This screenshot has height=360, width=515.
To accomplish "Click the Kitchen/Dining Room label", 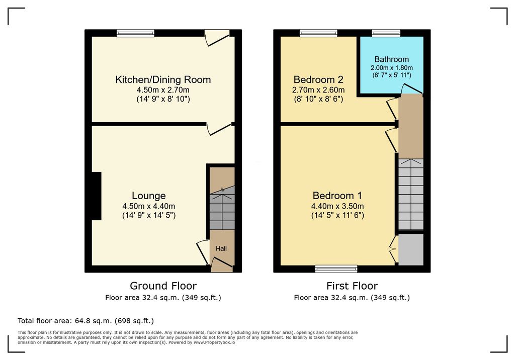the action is [x=163, y=80].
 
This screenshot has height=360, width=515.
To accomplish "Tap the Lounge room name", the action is [x=148, y=196].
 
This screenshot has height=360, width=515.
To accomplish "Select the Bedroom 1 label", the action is [x=337, y=196].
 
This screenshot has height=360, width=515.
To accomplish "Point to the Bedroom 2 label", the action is [x=318, y=80].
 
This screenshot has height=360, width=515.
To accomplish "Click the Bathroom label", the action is [x=391, y=59].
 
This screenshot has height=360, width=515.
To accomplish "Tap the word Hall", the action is [x=221, y=249].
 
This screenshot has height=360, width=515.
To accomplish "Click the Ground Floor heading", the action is [x=163, y=286].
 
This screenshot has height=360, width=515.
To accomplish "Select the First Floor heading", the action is [x=352, y=286].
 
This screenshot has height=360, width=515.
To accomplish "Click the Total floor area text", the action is [x=85, y=321].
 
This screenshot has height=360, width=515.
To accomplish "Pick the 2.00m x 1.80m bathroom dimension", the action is [x=391, y=68].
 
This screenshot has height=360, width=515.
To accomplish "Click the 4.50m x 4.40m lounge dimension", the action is [x=148, y=206].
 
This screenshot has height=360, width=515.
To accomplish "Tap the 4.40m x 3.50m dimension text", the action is [x=337, y=206].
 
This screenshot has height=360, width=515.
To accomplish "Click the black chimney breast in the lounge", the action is [x=96, y=196].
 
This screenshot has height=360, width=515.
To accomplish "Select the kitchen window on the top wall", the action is [x=135, y=33].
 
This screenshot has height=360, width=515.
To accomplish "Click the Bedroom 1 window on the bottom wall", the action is [x=336, y=269].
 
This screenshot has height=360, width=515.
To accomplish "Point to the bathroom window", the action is [x=386, y=33].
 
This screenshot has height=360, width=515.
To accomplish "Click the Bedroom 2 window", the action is [x=318, y=33].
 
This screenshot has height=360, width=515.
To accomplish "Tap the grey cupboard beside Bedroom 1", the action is [x=411, y=249].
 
